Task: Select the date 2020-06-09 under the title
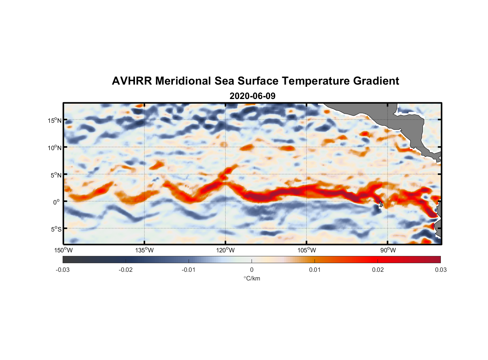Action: (252, 96)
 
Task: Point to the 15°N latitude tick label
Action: (55, 120)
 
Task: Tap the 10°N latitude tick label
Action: (55, 148)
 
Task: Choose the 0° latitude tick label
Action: (57, 202)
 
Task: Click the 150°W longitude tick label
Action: (64, 250)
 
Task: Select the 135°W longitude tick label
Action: (145, 250)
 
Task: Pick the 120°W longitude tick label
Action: (226, 250)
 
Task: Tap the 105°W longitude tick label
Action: (307, 250)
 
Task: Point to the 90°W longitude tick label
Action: (388, 250)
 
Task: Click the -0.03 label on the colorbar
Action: (63, 270)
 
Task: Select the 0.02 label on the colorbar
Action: (378, 270)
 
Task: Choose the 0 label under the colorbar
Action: (252, 270)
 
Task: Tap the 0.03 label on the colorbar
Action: (440, 270)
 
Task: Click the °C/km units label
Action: (252, 278)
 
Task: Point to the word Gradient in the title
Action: (376, 81)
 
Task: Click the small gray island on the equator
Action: (381, 204)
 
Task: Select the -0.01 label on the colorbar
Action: (189, 270)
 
